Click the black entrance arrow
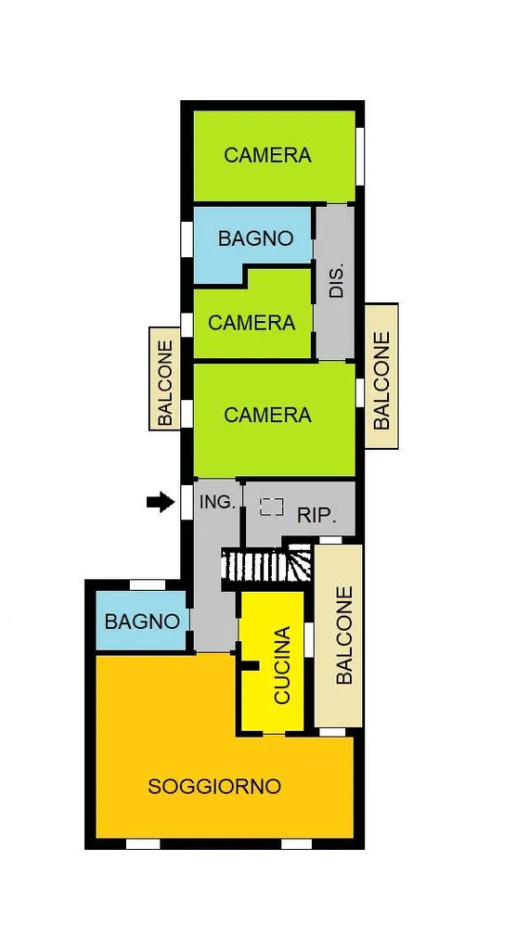(x=160, y=502)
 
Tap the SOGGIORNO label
(x=214, y=787)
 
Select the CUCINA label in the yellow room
(x=282, y=665)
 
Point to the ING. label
(x=217, y=502)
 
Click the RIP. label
(x=316, y=516)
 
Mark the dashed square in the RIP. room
(x=272, y=507)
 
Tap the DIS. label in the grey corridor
(x=337, y=280)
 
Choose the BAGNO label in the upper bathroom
(x=256, y=238)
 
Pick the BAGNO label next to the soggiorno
(x=143, y=622)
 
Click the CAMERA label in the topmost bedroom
(x=267, y=155)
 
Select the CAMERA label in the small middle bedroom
(x=252, y=322)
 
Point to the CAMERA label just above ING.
(x=267, y=415)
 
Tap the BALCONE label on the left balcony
(x=165, y=382)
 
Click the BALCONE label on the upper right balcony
(x=381, y=379)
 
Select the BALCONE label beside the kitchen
(x=343, y=635)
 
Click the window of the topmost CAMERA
(x=359, y=156)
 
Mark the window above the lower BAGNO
(x=148, y=584)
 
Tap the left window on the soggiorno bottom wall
(x=143, y=844)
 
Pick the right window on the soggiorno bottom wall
(x=296, y=844)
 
